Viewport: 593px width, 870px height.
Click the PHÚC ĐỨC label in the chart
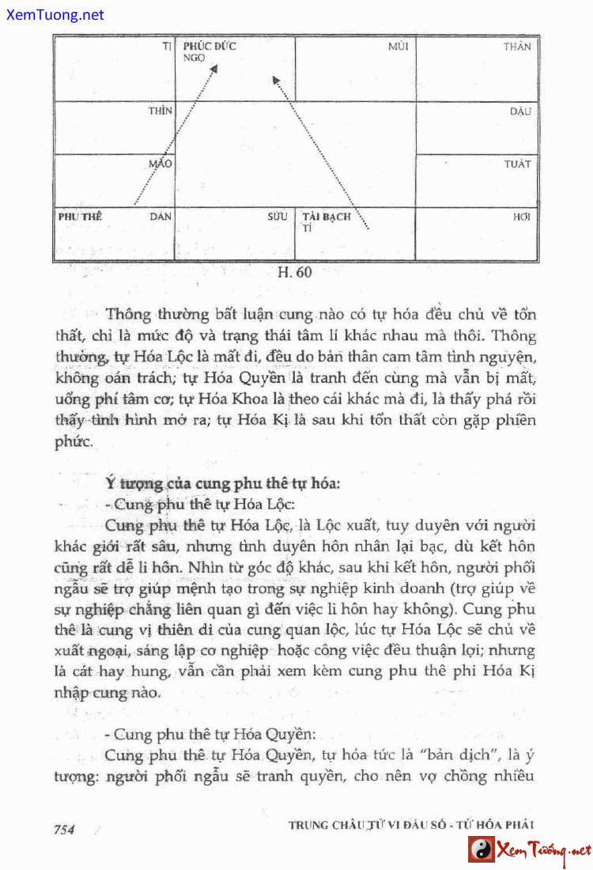tap(209, 46)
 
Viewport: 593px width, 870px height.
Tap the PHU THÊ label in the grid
tap(80, 216)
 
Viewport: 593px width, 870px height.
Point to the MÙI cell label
tap(398, 47)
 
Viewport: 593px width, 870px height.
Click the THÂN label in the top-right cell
tap(517, 47)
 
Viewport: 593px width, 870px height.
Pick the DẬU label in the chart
tap(519, 112)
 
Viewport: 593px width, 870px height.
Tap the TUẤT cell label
tap(517, 165)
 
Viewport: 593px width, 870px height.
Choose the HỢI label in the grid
tap(521, 216)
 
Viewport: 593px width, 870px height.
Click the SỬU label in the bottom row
tap(277, 216)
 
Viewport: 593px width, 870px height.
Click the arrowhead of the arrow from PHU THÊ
tap(213, 70)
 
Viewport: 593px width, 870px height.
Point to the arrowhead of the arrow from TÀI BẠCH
tap(275, 78)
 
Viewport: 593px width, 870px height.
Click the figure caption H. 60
tap(296, 274)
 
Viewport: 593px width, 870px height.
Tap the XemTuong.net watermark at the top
tap(54, 14)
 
